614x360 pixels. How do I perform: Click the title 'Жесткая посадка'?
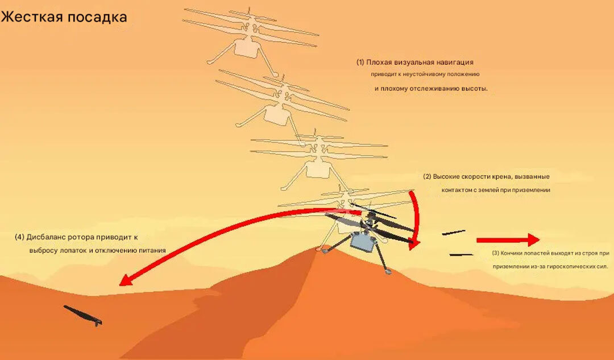click(64, 17)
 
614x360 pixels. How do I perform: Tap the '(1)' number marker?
click(360, 62)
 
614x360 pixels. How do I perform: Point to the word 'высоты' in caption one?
click(475, 89)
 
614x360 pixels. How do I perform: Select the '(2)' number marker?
click(426, 176)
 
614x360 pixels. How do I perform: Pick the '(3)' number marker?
click(495, 253)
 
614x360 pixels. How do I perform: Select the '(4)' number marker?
click(19, 237)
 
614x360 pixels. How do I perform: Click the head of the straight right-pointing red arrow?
click(532, 239)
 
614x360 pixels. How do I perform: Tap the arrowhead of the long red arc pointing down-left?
click(125, 280)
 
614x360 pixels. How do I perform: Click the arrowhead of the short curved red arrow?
click(414, 243)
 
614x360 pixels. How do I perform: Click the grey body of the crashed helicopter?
click(362, 242)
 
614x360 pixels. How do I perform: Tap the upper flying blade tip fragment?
click(454, 233)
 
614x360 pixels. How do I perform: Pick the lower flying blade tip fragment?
click(461, 254)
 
